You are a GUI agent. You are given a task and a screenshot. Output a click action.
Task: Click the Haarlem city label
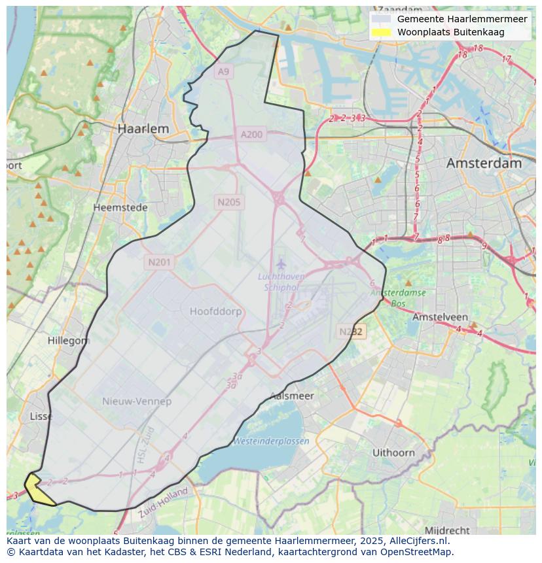pos(143,129)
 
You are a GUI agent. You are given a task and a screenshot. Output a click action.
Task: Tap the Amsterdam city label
pos(484,163)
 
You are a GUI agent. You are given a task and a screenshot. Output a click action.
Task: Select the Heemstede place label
pos(120,207)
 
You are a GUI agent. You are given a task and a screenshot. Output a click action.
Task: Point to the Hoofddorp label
pos(215,311)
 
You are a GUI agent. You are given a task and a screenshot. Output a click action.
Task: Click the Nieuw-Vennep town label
pos(137,401)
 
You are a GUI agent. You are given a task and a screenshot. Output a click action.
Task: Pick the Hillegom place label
pos(68,341)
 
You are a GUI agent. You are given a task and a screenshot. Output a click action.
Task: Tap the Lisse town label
pos(41,416)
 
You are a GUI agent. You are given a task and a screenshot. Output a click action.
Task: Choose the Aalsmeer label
pos(292,396)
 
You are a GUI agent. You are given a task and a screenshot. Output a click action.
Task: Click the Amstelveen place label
pos(439,316)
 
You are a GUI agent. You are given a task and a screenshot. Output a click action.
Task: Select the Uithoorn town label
pos(393,452)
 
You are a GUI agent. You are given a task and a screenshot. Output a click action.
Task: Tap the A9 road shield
pos(224,71)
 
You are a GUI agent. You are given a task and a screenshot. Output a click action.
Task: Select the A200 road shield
pos(251,135)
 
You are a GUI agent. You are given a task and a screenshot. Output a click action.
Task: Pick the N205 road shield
pos(228,202)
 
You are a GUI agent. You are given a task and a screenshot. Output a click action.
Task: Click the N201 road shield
pos(159,262)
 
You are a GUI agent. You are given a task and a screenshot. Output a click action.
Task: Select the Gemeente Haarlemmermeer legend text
pos(461,19)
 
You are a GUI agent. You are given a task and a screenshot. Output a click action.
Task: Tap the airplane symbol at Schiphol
pos(281,264)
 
